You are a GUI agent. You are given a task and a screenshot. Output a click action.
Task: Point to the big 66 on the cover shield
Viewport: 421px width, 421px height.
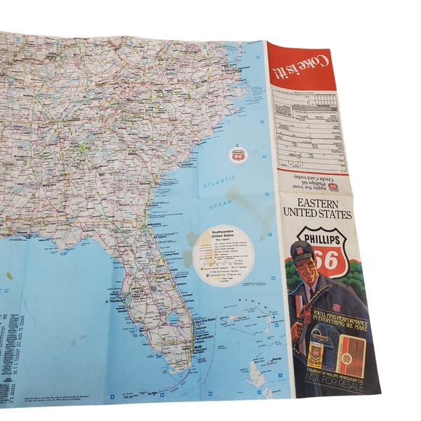click(327, 258)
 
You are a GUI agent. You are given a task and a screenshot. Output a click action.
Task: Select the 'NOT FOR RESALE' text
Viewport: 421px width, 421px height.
click(332, 396)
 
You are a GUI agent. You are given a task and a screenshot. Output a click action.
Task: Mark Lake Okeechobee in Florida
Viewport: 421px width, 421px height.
click(172, 318)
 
